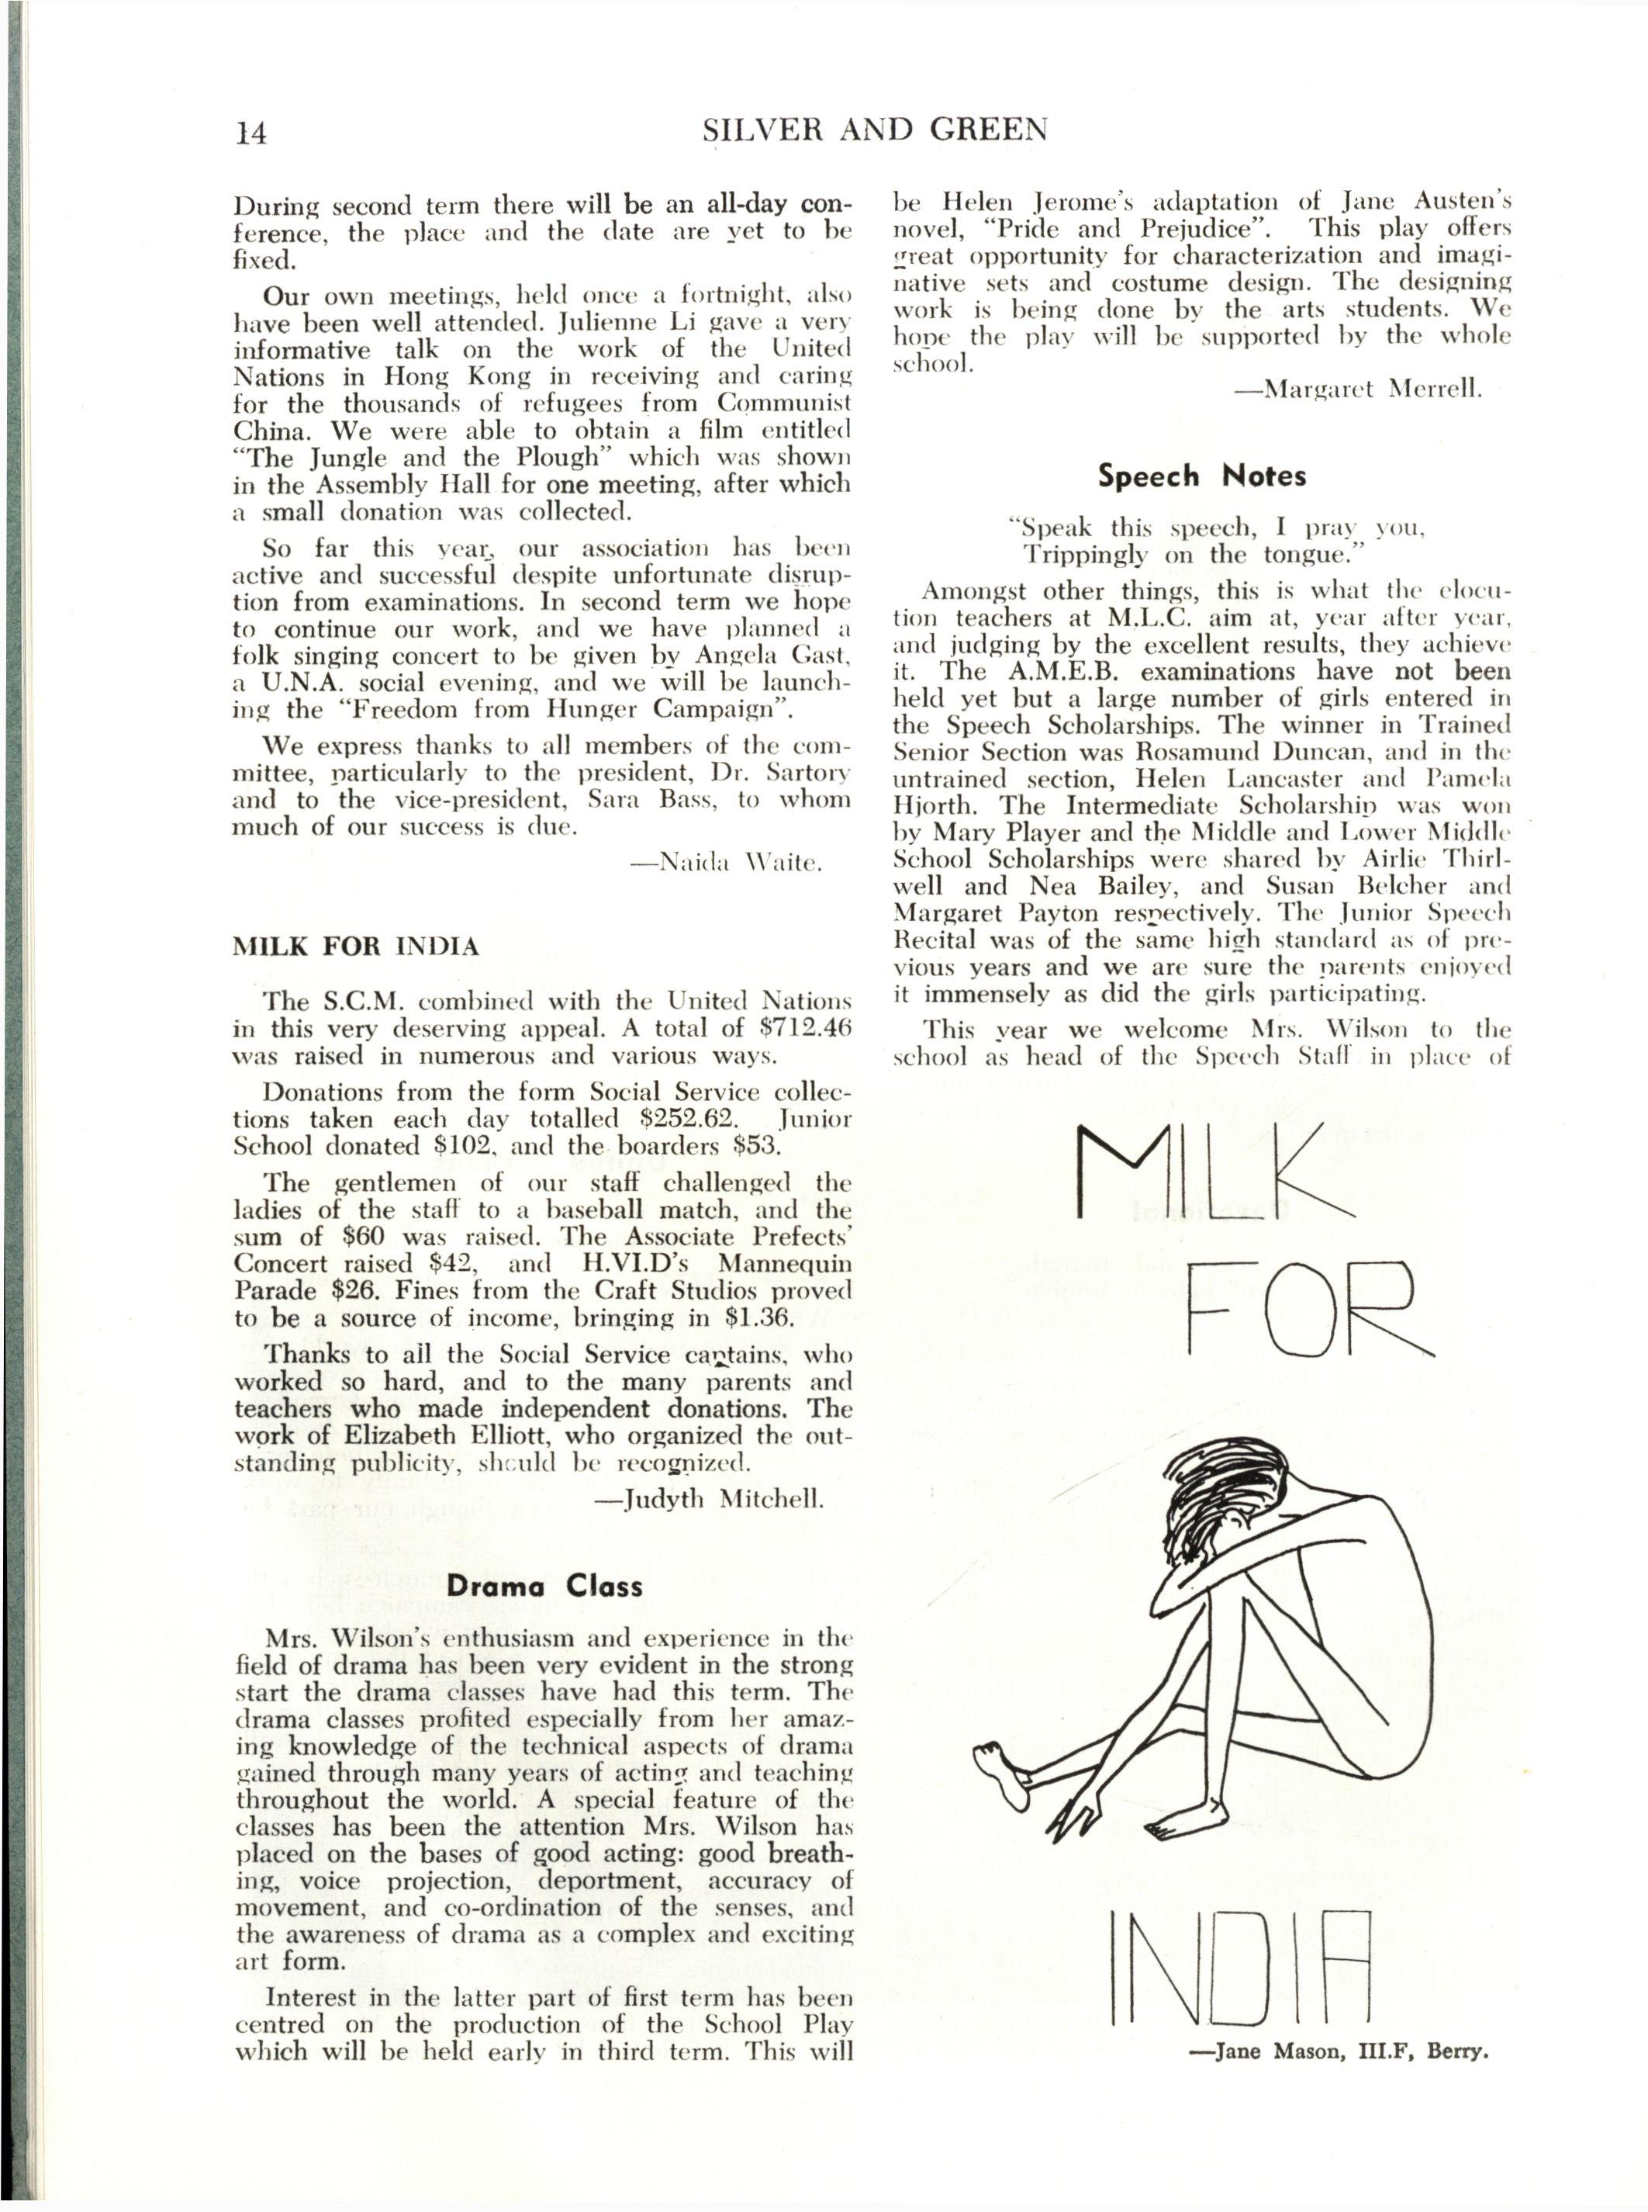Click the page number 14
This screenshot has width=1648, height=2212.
tap(250, 133)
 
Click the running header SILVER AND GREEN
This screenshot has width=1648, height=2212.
tap(875, 130)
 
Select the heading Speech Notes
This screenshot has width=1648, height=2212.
tap(1201, 476)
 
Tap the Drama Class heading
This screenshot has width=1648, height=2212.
tap(544, 1587)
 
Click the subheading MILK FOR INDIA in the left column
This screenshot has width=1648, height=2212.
tap(355, 946)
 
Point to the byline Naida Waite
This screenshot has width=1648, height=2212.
tap(740, 862)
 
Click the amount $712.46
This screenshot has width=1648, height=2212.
tap(794, 1028)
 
